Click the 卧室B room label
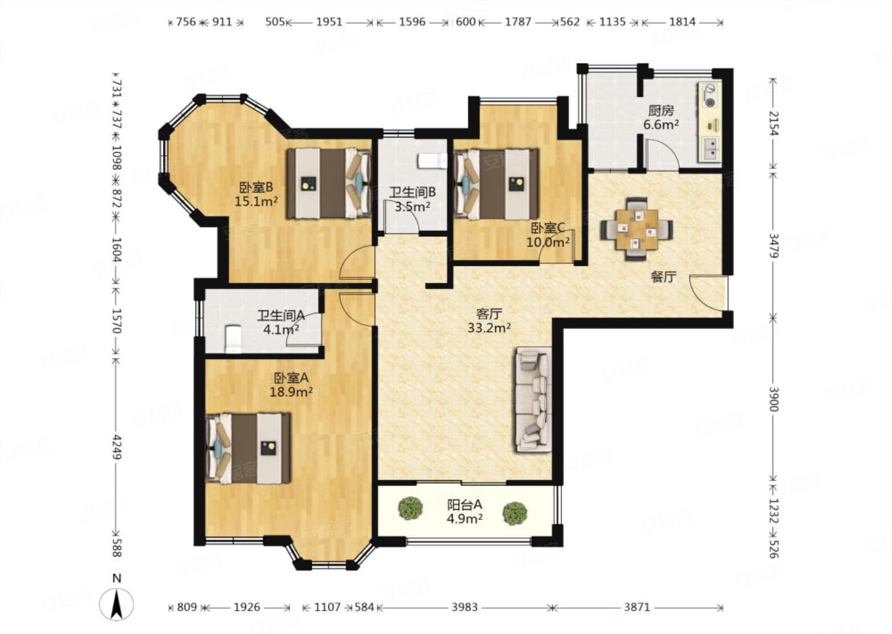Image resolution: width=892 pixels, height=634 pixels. point(256,186)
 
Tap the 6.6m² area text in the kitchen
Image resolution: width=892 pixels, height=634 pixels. point(661,125)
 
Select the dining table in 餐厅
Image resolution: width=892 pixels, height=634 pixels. point(637,229)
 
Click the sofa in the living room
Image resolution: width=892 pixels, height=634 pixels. point(534,399)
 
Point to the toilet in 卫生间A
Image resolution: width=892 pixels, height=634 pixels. point(234,339)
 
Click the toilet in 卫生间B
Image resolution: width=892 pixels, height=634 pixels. point(432,161)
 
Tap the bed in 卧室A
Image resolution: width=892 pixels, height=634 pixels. point(248,448)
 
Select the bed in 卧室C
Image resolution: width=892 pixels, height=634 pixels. point(496,185)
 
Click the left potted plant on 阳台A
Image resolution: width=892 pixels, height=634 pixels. point(410,508)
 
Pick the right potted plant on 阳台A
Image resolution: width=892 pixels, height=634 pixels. point(515,513)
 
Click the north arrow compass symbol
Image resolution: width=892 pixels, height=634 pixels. point(116,604)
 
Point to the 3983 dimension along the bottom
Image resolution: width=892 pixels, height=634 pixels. point(465,607)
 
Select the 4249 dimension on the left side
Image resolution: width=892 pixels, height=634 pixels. point(117,446)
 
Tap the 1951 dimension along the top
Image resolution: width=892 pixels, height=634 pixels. point(329,22)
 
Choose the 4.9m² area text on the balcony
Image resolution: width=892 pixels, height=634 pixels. point(465,519)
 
